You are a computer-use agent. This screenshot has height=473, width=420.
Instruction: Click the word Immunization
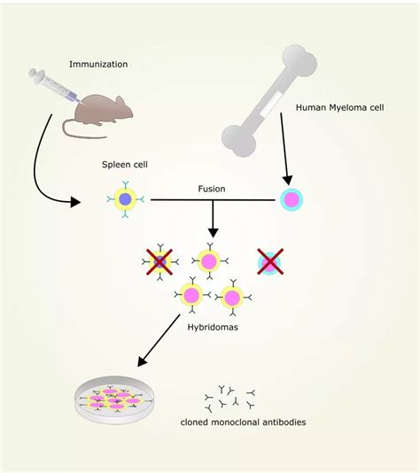pos(97,64)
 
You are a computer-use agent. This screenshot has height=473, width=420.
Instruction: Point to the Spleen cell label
pos(124,166)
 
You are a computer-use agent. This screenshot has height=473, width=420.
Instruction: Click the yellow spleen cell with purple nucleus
pos(126,200)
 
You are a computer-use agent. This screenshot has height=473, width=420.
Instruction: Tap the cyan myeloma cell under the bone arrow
pos(292,199)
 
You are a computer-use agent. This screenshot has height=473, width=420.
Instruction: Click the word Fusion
pos(213,189)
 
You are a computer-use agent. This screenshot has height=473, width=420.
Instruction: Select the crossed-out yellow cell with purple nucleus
pos(159,261)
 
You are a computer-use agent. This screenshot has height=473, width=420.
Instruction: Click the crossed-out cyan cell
pos(268,261)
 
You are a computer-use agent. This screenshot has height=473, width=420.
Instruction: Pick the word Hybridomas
pos(212,326)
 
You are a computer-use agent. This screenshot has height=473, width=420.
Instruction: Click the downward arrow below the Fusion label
pos(213,221)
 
